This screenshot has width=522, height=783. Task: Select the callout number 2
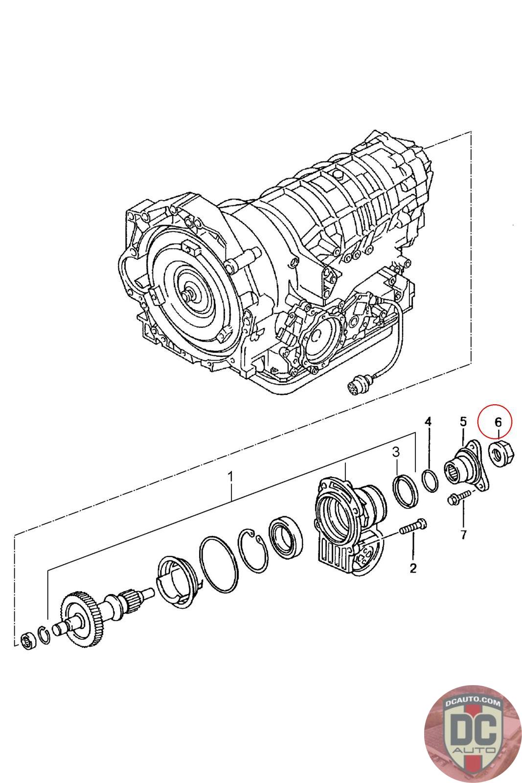[413, 568]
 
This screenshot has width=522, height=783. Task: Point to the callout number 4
[428, 421]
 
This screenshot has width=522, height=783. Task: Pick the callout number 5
[463, 421]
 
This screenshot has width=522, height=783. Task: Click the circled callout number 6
[498, 421]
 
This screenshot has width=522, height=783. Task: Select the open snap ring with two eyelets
[253, 550]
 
